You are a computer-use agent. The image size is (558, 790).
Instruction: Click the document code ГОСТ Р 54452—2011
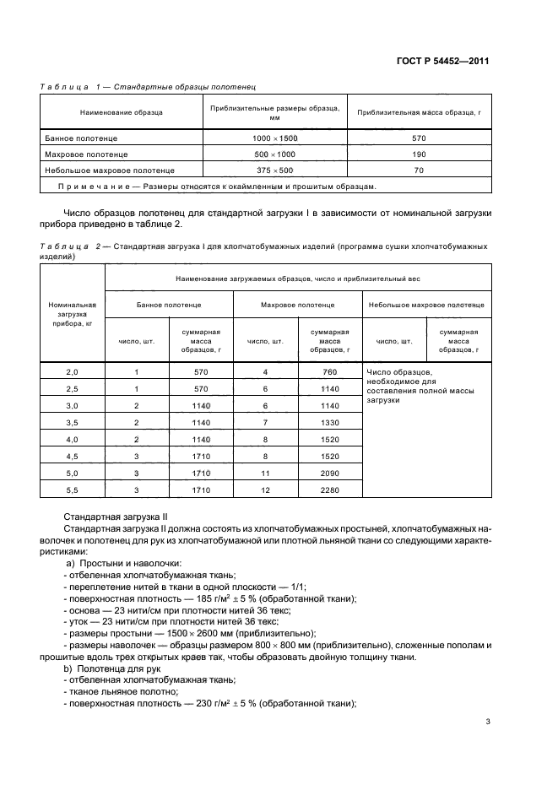pos(446,62)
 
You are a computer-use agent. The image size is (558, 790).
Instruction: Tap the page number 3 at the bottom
pos(488,721)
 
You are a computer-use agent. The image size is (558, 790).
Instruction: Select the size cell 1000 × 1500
pos(274,138)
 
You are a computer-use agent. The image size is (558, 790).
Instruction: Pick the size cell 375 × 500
pos(274,170)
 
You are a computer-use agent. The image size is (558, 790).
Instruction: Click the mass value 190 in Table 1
pos(419,154)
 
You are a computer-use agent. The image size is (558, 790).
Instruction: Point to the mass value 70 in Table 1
pos(419,170)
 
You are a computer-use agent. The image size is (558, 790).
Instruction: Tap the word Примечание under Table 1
pos(88,187)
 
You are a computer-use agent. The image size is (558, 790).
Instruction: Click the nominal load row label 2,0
pos(72,372)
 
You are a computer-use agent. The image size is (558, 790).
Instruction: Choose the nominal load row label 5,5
pos(72,490)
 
